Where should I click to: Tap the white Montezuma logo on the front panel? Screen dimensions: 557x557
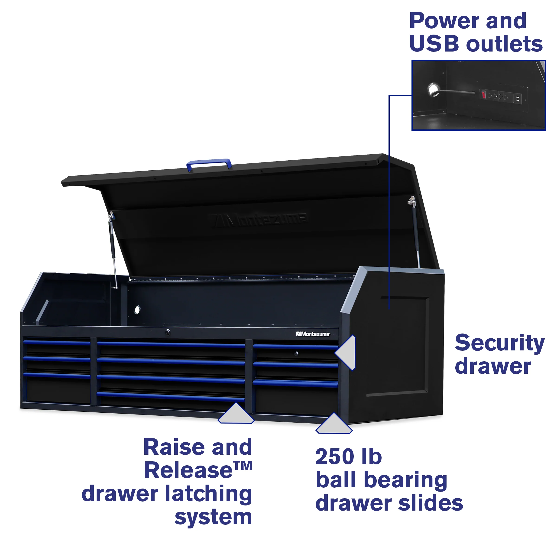313,334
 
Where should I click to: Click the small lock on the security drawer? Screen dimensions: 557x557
296,353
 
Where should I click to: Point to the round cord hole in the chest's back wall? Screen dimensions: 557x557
137,310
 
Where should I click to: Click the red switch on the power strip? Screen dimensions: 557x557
483,94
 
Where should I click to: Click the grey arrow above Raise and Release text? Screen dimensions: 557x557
236,414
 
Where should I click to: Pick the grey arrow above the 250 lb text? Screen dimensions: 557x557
334,424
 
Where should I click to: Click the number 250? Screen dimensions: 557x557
335,457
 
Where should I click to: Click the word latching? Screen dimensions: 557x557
208,494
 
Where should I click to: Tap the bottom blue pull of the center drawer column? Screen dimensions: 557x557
171,396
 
